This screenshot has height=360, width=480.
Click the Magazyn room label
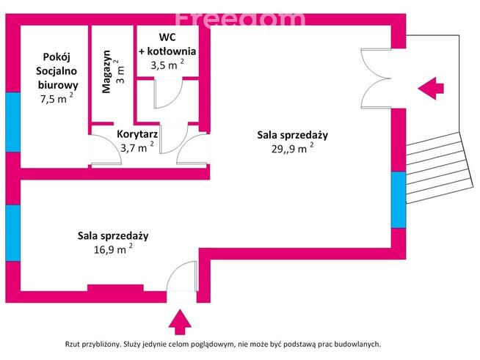(x=106, y=72)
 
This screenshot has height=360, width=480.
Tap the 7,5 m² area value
(x=57, y=98)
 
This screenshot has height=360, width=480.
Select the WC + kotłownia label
(x=167, y=44)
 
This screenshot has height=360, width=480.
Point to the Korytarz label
(x=137, y=134)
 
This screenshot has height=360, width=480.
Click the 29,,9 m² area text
(x=292, y=148)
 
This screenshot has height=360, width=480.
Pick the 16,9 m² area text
(x=113, y=249)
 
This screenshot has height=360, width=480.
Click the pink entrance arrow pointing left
(x=431, y=89)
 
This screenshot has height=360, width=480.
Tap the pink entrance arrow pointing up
(x=180, y=322)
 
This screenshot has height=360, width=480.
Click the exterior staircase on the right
(x=437, y=168)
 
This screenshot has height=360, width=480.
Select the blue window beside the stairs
(x=399, y=199)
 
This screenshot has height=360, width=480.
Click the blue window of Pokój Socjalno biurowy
(x=13, y=122)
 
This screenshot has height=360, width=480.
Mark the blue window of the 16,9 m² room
(x=13, y=233)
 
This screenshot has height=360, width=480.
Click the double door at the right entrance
(x=376, y=78)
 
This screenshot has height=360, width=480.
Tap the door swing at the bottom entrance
(x=182, y=276)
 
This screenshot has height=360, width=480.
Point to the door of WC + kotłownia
(x=168, y=94)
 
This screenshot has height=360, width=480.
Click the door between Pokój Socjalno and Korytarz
(x=106, y=150)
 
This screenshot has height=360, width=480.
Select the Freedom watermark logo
(x=240, y=20)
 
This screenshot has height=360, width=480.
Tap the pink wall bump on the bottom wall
(x=115, y=288)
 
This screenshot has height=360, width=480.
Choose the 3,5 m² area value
(x=167, y=65)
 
